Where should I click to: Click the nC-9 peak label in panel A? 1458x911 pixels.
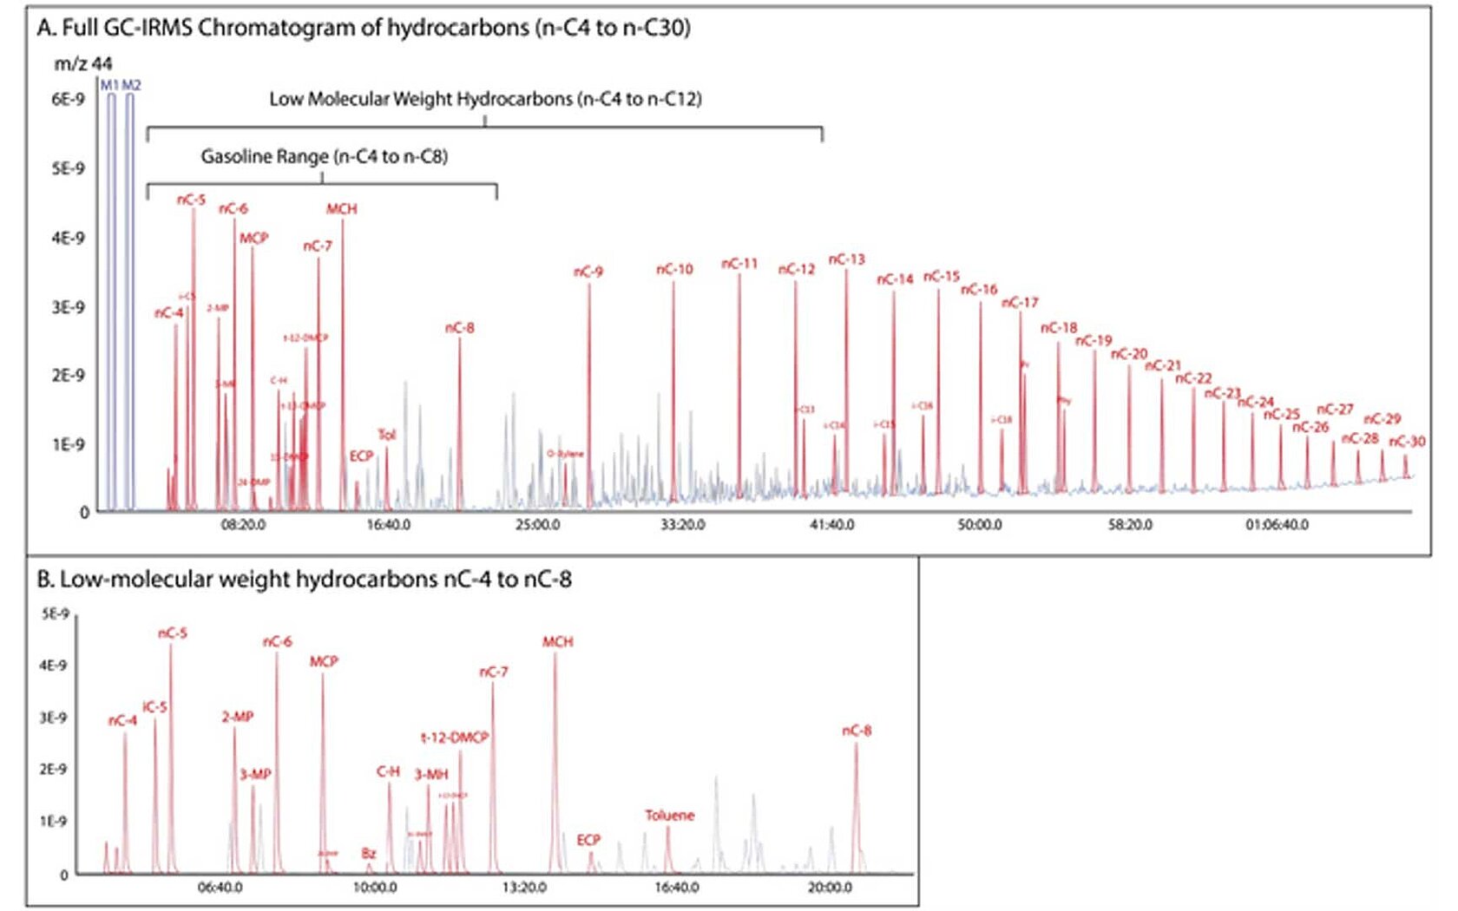point(588,272)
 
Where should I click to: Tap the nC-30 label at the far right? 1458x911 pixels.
point(1407,441)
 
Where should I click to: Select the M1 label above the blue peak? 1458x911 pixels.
point(109,85)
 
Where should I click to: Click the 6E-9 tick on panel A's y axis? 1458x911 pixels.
point(68,99)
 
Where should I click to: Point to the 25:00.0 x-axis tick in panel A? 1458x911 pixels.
point(537,525)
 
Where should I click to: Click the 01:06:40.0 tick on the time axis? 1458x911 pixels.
point(1277,525)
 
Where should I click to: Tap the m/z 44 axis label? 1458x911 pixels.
point(82,63)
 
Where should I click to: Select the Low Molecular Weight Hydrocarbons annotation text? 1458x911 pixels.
point(485,99)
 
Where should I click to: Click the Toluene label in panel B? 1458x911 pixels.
point(669,815)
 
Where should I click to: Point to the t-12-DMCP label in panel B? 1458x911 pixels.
point(455,737)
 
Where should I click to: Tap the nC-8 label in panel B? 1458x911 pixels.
point(857,731)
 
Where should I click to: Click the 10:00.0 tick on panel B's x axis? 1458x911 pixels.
point(374,888)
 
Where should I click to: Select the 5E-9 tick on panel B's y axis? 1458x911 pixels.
point(55,613)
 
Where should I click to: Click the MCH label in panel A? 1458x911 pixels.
point(341,208)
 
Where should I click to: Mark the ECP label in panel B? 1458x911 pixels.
point(588,839)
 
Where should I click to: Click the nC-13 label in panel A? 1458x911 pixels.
point(846,259)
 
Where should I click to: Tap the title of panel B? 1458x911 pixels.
point(304,580)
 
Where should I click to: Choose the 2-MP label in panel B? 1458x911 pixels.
point(237,717)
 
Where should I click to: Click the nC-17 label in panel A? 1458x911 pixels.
point(1020,303)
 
